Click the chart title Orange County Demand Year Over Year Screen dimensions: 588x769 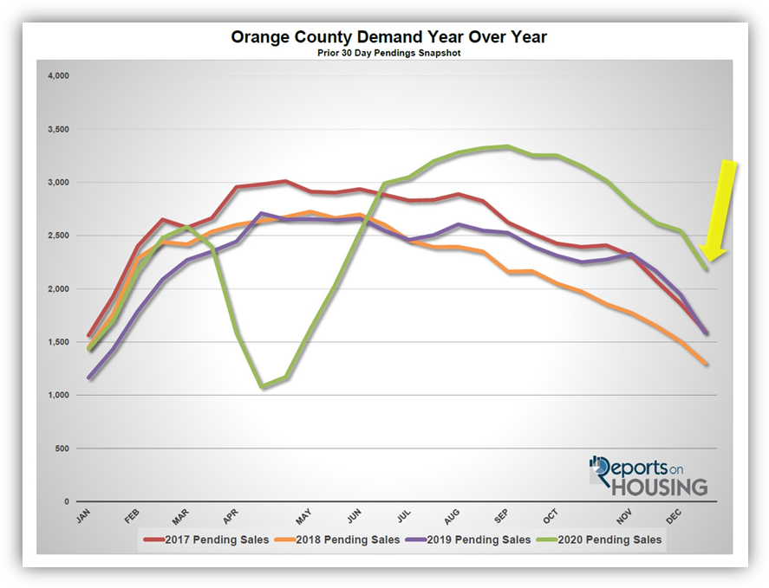point(388,37)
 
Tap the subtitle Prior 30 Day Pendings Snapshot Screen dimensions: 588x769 point(388,53)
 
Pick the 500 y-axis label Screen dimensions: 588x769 point(60,449)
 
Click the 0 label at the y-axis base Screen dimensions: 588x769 point(65,501)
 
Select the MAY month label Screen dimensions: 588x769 point(303,517)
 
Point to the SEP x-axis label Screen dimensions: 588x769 point(500,517)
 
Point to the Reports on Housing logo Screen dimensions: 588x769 point(648,475)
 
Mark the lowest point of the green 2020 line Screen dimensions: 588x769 point(263,387)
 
